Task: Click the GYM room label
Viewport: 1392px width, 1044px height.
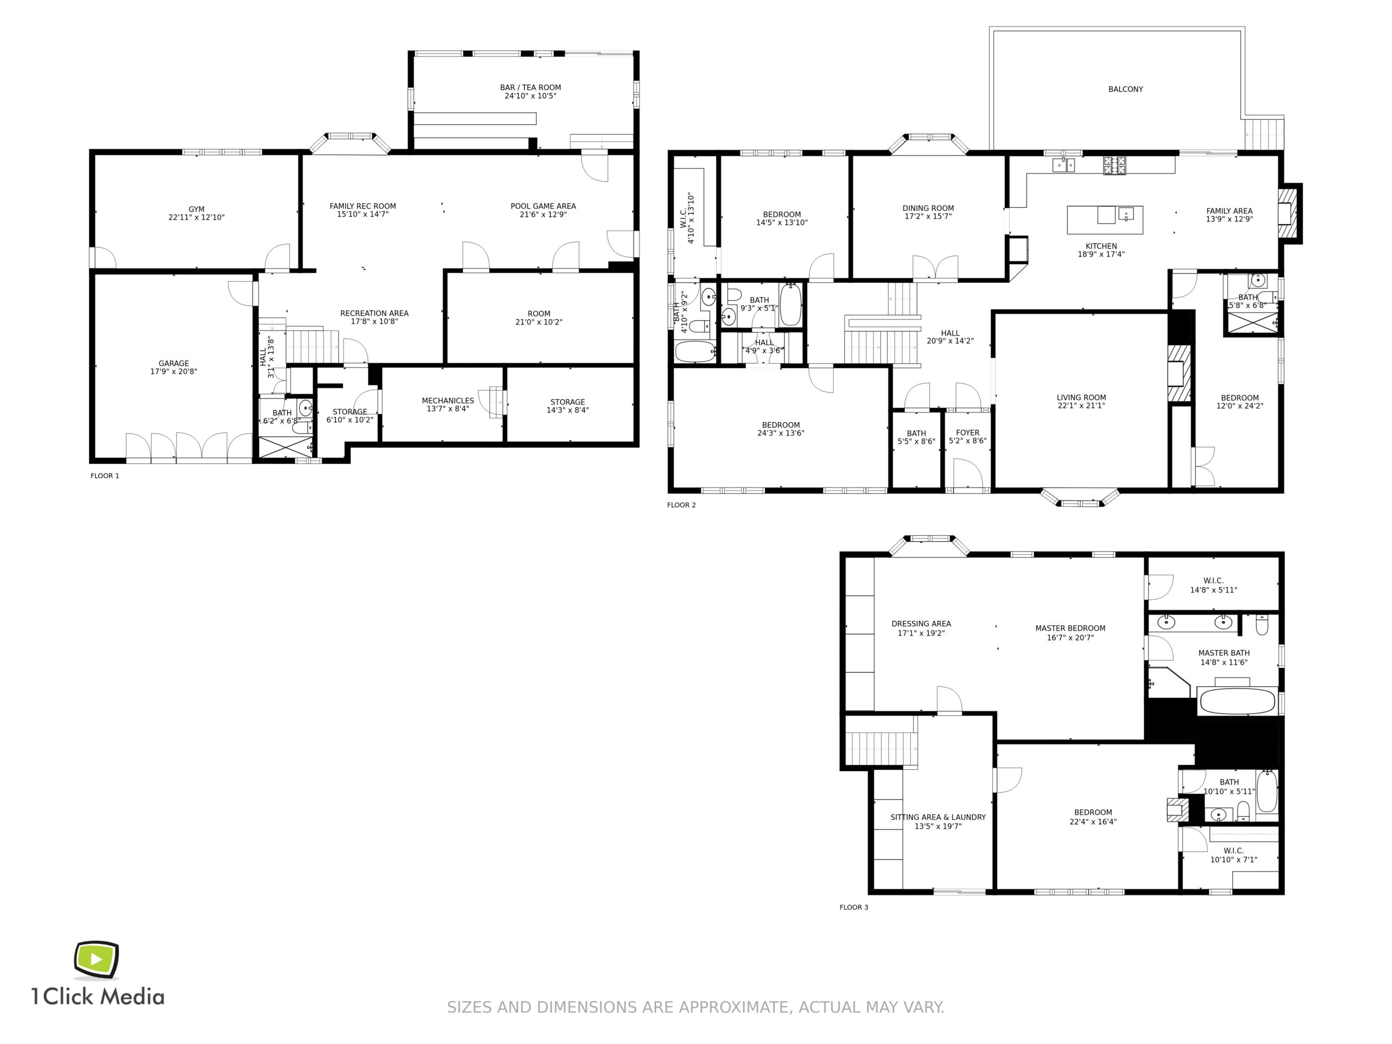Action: [x=196, y=209]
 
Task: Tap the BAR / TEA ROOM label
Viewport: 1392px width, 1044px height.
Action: [x=531, y=88]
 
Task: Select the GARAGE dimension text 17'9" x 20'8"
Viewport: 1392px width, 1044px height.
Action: [x=173, y=371]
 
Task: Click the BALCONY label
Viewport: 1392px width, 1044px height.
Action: [x=1126, y=89]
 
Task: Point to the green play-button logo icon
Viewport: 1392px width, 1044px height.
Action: [x=96, y=960]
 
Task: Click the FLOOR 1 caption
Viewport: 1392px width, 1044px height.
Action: [x=104, y=476]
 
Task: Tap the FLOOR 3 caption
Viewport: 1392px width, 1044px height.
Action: [x=854, y=908]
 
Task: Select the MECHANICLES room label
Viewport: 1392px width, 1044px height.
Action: [x=448, y=400]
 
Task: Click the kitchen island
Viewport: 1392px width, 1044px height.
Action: [x=1105, y=220]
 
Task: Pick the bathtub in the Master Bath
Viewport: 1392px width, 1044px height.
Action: [x=1237, y=700]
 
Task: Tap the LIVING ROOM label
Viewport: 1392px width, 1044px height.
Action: [x=1081, y=397]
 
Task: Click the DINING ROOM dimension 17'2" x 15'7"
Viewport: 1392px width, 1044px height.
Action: [x=928, y=216]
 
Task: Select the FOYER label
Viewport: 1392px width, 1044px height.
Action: [x=968, y=432]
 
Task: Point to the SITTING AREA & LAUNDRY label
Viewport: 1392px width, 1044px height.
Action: [x=939, y=817]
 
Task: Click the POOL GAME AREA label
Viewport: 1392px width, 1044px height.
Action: [x=543, y=206]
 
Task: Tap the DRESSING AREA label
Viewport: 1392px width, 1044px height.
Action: [x=921, y=624]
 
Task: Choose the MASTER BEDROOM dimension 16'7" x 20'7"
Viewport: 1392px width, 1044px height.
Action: [x=1071, y=637]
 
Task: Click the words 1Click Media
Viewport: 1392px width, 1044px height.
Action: [x=98, y=996]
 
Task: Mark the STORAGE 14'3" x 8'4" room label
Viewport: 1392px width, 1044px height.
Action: [x=568, y=406]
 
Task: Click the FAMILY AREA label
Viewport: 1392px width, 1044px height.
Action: [x=1229, y=211]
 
